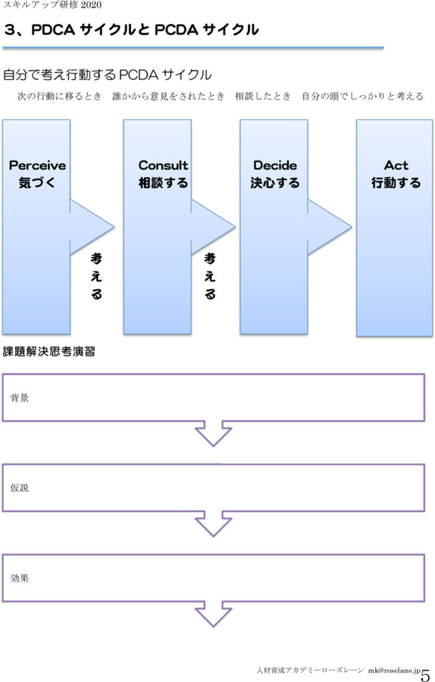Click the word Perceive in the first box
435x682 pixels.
(37, 165)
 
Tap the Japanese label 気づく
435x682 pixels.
(37, 182)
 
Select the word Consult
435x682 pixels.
(163, 165)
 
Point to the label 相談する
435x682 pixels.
(163, 182)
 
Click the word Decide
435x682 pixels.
(275, 165)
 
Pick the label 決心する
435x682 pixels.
(275, 182)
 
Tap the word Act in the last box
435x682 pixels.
(396, 165)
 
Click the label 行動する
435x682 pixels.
(396, 182)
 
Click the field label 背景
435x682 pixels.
(19, 398)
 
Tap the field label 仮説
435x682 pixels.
(19, 488)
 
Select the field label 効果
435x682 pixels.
(19, 578)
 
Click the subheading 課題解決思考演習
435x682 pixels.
(49, 352)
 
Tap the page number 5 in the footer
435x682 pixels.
(426, 675)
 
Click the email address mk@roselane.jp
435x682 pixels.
(394, 670)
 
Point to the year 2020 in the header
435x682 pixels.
(91, 5)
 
